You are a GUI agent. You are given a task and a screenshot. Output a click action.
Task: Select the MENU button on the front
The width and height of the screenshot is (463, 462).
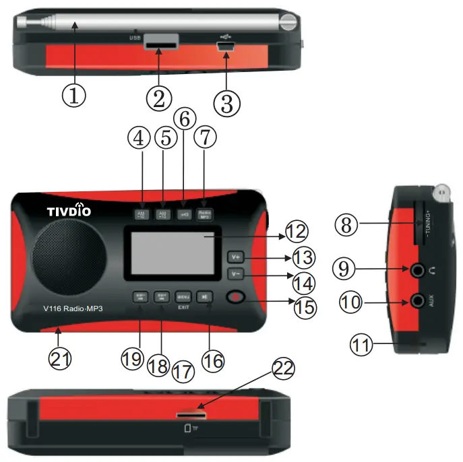click(x=183, y=296)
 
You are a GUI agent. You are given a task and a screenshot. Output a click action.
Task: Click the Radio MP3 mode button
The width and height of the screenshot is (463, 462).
click(x=205, y=214)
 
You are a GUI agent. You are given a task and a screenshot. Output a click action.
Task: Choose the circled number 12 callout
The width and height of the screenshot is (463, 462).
click(x=295, y=232)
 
